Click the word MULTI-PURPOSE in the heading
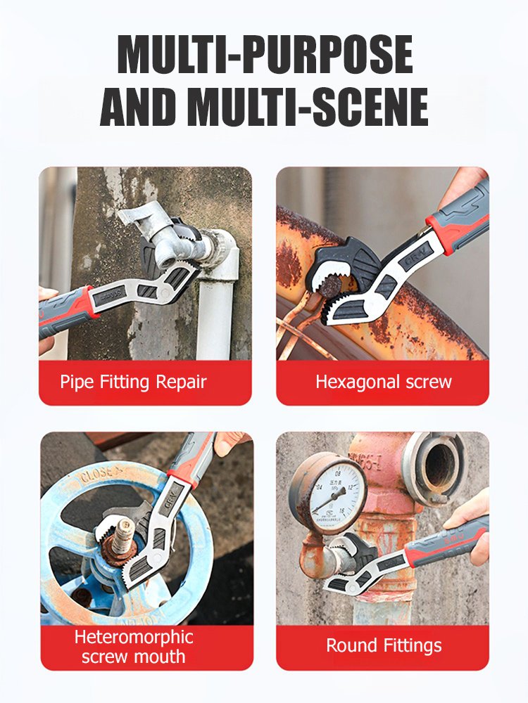264,54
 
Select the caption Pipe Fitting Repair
133,382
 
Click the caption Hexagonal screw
383,382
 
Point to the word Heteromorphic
134,637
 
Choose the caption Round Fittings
384,645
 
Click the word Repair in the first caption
182,382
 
